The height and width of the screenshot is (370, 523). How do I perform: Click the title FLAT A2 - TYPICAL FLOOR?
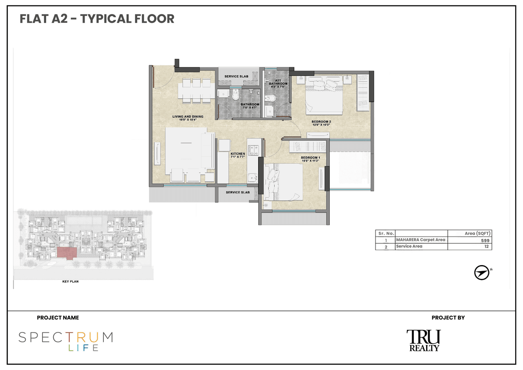point(97,19)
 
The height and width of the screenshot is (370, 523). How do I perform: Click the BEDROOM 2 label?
point(321,123)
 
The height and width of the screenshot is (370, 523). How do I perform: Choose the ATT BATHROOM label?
point(278,82)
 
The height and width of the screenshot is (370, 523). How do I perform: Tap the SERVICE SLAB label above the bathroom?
point(236,76)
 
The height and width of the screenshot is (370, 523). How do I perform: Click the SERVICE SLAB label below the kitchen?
point(238,192)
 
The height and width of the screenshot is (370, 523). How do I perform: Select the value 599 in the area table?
point(485,241)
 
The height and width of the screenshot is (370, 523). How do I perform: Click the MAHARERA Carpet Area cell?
point(420,240)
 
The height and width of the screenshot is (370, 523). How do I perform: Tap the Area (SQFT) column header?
point(477,233)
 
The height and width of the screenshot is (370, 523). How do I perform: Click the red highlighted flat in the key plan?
point(66,253)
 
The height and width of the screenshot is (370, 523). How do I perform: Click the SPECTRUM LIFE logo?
point(65,341)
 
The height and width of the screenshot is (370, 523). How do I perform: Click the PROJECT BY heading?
point(448,318)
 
